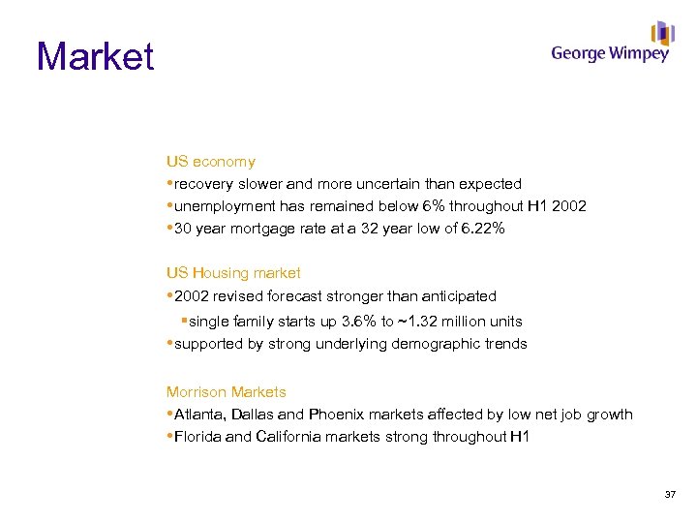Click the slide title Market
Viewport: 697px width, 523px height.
pyautogui.click(x=95, y=56)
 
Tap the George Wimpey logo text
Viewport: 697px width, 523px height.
pyautogui.click(x=610, y=54)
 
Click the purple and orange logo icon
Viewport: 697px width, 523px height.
pyautogui.click(x=662, y=33)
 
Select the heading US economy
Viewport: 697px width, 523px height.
pyautogui.click(x=210, y=162)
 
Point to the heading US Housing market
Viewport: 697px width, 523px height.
pyautogui.click(x=233, y=273)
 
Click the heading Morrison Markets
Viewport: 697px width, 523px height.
pyautogui.click(x=226, y=392)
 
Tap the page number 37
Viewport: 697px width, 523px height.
pyautogui.click(x=670, y=495)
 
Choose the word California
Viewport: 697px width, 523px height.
pyautogui.click(x=290, y=437)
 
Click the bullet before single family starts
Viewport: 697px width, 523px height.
pyautogui.click(x=183, y=321)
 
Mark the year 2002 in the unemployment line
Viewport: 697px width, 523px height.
pyautogui.click(x=569, y=206)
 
